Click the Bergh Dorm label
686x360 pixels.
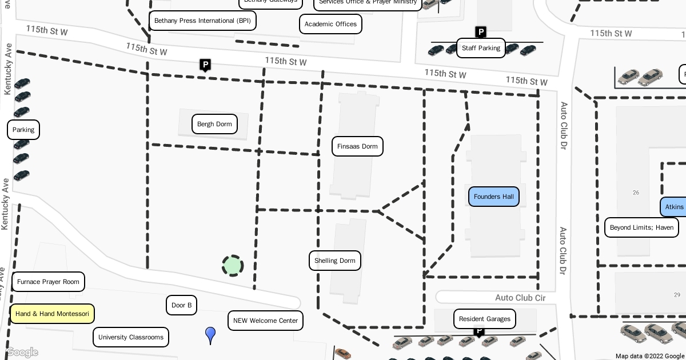click(x=214, y=124)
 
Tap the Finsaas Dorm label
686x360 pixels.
click(x=357, y=146)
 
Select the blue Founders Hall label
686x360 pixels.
click(x=494, y=197)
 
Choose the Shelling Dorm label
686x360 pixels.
click(x=335, y=261)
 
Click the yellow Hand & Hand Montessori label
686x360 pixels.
click(x=52, y=314)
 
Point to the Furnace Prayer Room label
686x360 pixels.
click(x=48, y=282)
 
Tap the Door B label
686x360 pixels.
click(x=181, y=305)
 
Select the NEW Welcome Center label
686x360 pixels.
click(x=265, y=321)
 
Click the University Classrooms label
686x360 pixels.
click(x=131, y=337)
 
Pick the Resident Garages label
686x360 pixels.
click(x=485, y=319)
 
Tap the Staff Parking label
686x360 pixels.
click(x=481, y=48)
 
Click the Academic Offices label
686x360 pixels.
click(x=330, y=24)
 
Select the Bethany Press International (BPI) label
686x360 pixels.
click(x=202, y=21)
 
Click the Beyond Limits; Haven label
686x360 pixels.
click(x=641, y=227)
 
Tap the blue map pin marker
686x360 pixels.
click(x=210, y=335)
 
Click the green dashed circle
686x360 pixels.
click(x=233, y=266)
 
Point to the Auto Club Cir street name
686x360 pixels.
click(x=520, y=298)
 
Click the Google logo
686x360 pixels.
click(x=22, y=353)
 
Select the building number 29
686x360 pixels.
click(x=677, y=295)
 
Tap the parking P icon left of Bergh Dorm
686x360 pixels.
click(x=205, y=65)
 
